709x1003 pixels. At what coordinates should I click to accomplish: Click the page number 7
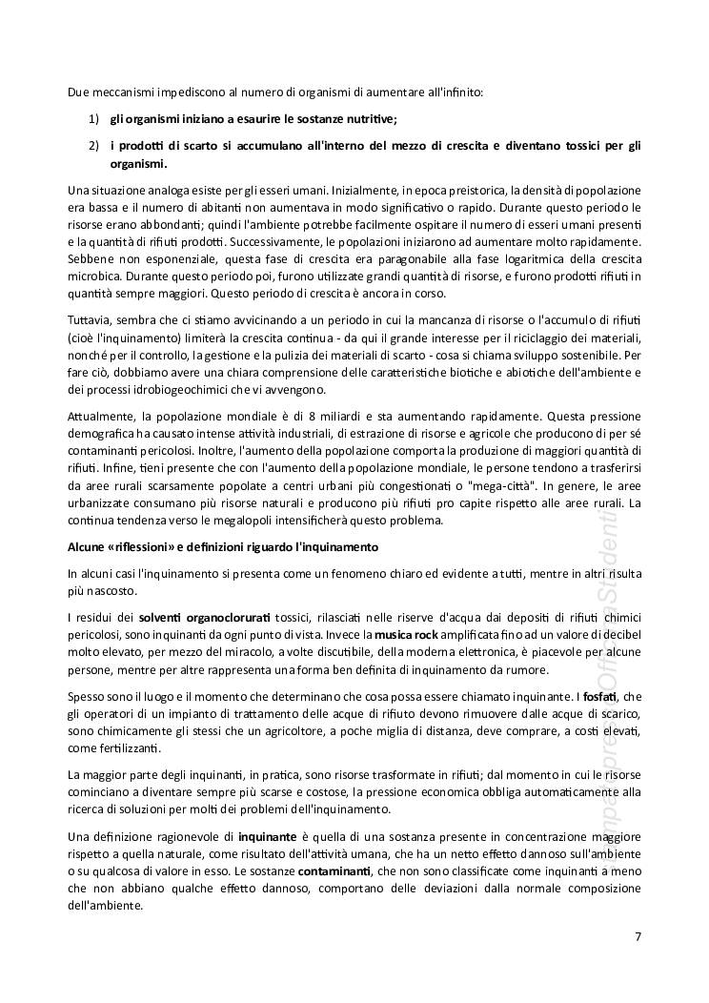click(x=638, y=936)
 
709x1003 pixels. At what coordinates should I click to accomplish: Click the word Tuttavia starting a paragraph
click(x=91, y=316)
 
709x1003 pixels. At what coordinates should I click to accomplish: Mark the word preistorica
click(x=448, y=191)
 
